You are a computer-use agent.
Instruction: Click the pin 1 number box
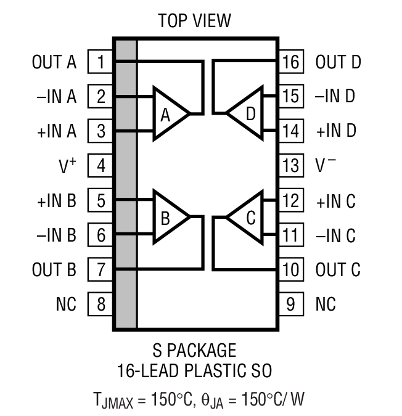[100, 62]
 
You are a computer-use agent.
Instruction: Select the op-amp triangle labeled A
[168, 113]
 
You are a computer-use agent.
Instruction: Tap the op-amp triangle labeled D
[247, 113]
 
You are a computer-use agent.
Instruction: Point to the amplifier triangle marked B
[168, 217]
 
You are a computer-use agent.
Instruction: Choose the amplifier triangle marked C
[247, 217]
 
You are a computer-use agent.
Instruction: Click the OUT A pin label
[54, 62]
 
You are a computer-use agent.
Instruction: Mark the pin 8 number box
[100, 304]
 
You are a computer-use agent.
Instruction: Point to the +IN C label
[336, 201]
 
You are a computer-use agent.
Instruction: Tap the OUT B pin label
[54, 269]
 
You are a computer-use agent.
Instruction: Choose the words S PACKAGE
[194, 351]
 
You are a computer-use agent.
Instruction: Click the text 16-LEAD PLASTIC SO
[194, 371]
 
